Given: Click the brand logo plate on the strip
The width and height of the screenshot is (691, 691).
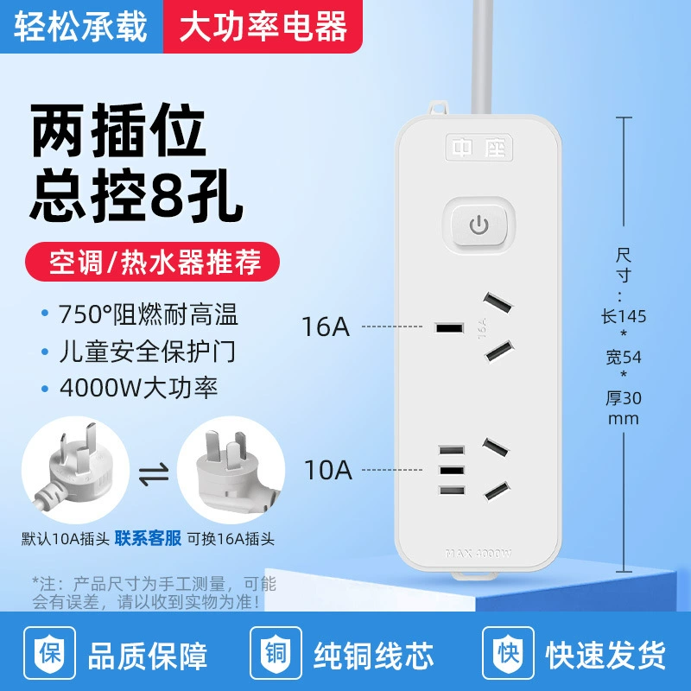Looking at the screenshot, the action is [x=479, y=147].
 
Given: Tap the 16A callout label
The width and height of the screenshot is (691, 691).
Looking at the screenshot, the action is [x=326, y=326].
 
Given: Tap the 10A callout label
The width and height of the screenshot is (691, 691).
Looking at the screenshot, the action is [x=328, y=470].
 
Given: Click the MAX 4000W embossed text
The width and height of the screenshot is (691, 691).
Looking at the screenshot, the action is [x=479, y=554].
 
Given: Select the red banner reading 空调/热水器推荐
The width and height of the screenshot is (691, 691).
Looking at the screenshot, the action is [x=153, y=262].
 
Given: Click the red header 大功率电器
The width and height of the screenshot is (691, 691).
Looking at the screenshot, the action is [x=263, y=27].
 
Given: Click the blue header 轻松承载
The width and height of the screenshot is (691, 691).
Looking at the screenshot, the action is [x=81, y=27].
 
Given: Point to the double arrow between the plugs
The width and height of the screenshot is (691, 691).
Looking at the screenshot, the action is [x=154, y=473].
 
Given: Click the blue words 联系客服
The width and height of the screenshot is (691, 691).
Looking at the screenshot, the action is [x=148, y=538].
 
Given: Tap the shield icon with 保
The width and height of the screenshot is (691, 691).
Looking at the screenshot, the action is [x=49, y=653].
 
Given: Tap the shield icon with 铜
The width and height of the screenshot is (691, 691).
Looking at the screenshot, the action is [x=276, y=653].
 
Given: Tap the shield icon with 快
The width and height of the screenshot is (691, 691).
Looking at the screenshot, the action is [x=508, y=653].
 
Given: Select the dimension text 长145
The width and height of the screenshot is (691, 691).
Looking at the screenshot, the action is [x=623, y=316].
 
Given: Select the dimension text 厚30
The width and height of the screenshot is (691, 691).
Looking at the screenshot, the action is [x=623, y=398].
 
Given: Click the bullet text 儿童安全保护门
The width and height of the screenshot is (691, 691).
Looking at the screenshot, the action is [x=147, y=352].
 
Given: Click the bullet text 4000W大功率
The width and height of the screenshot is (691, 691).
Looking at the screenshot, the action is [x=139, y=388].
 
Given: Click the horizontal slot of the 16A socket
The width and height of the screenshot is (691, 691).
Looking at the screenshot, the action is [x=449, y=328].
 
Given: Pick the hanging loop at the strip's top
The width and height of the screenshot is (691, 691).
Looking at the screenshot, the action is [x=438, y=108].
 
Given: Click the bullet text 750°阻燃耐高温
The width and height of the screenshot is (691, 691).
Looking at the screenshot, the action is [x=149, y=314].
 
